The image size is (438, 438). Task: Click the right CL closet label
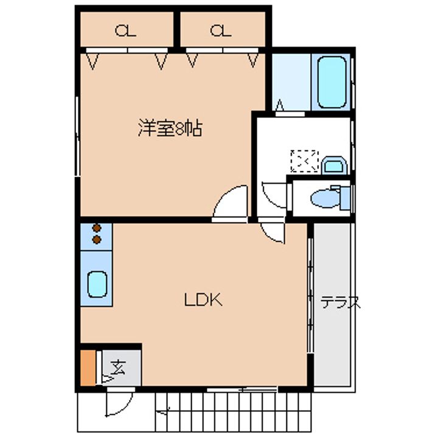pos(221,30)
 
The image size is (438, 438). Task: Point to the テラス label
pos(341,302)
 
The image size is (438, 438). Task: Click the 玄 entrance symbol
pos(119,367)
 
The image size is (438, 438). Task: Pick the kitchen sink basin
pos(97,283)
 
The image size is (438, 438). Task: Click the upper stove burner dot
pos(96,229)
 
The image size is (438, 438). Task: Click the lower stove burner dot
pos(96,240)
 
